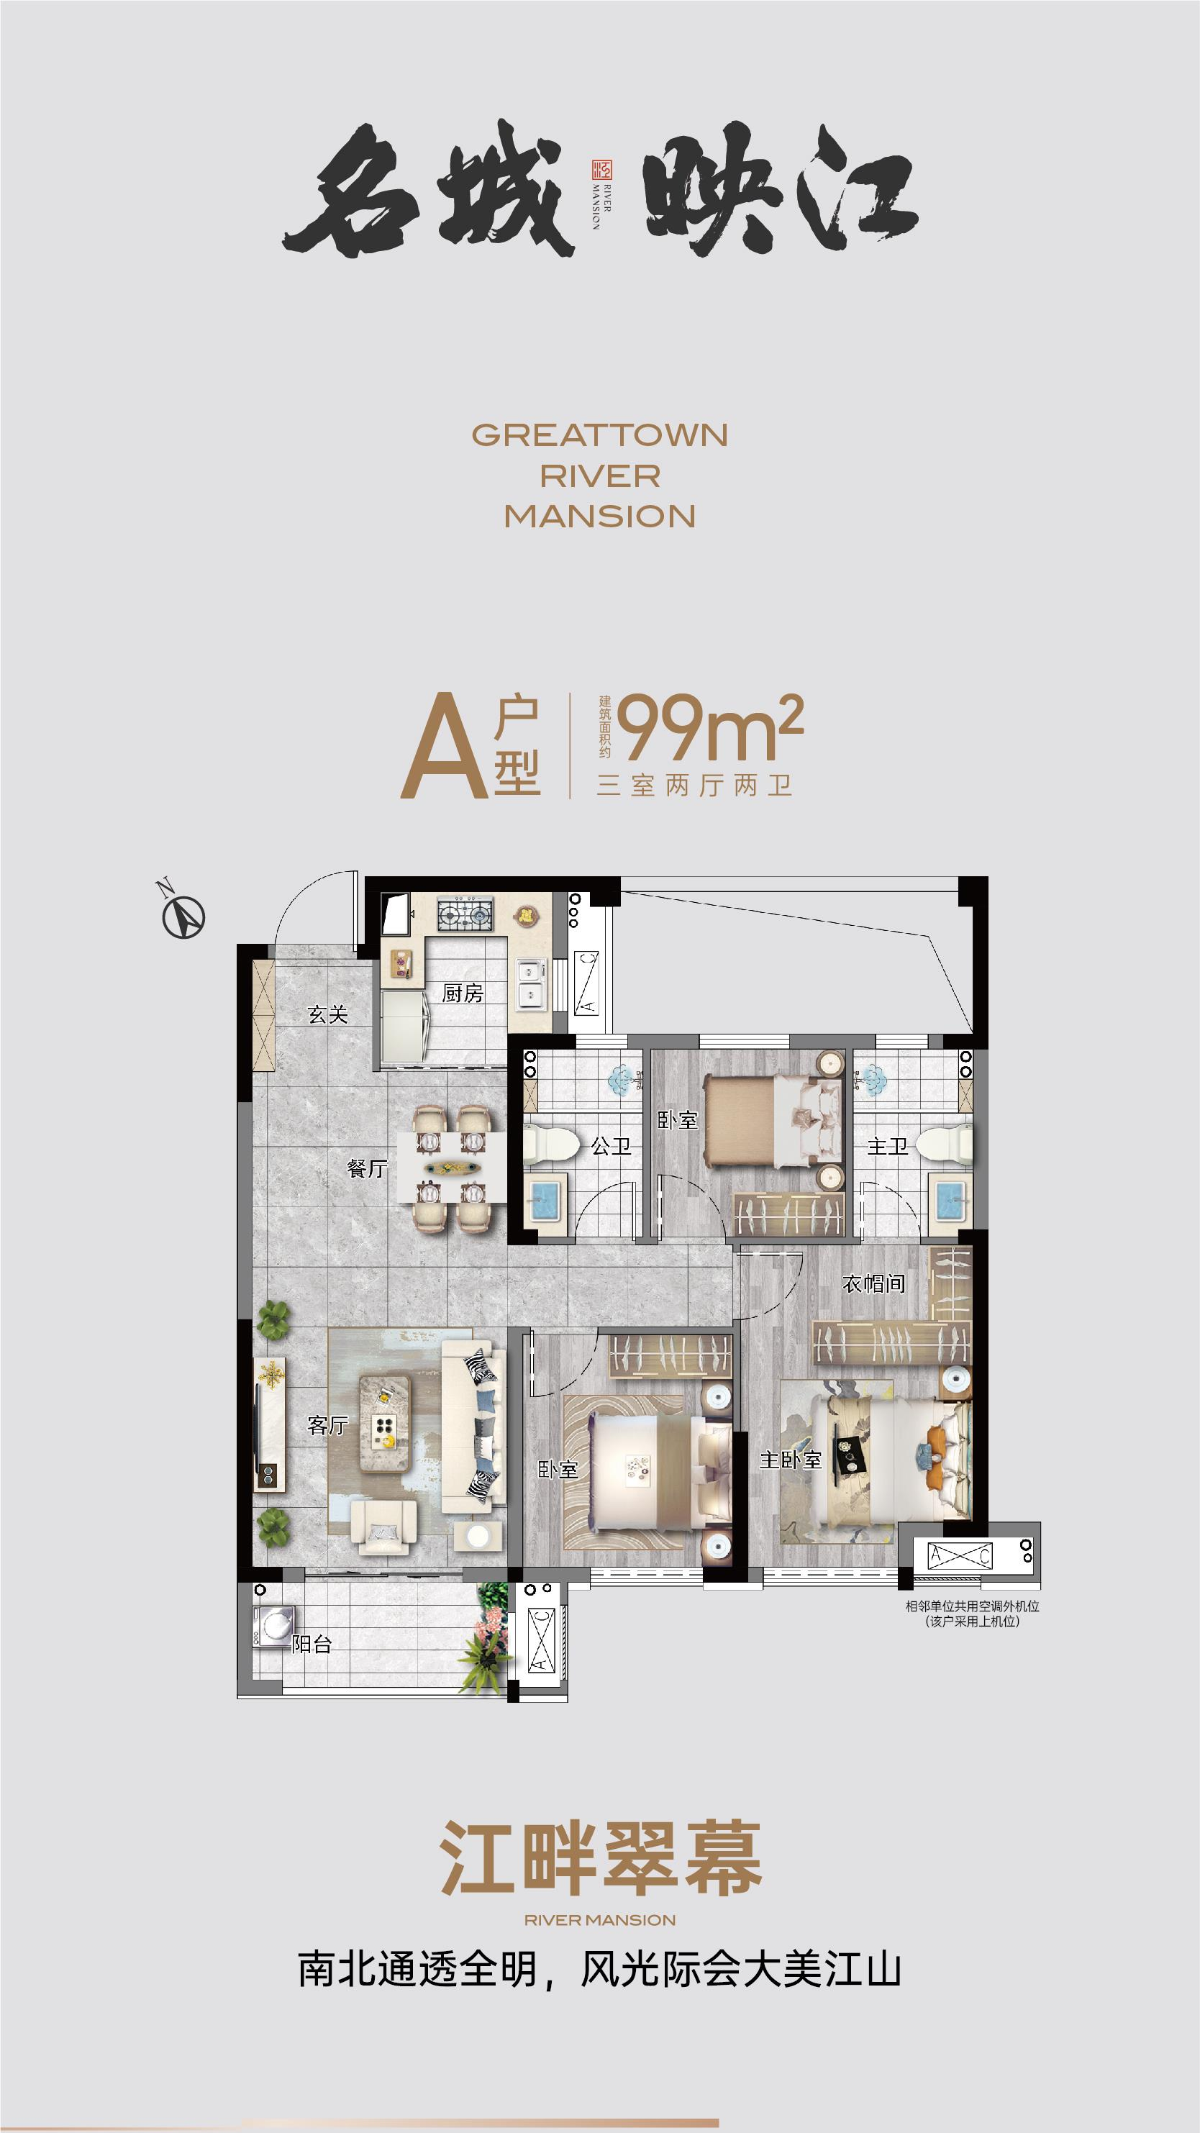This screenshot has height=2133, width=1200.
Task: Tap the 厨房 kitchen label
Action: [x=462, y=993]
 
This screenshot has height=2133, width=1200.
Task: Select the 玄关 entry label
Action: [x=327, y=1014]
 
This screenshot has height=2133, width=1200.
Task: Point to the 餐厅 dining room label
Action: [x=368, y=1168]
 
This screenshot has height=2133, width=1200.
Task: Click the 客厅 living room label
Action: [x=327, y=1425]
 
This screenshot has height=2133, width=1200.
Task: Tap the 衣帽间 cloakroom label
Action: [x=873, y=1284]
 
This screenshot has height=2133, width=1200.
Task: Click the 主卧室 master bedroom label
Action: [x=790, y=1460]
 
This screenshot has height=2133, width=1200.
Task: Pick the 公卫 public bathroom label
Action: [x=610, y=1146]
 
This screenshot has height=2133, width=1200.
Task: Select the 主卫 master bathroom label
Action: [x=887, y=1146]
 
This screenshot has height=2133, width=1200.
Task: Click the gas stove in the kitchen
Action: [x=465, y=914]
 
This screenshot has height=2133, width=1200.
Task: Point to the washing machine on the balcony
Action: [x=273, y=1624]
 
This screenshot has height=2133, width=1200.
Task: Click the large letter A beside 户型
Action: [x=443, y=747]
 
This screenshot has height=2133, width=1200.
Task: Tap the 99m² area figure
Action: [x=710, y=727]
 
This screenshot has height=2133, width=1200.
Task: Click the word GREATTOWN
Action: [x=599, y=435]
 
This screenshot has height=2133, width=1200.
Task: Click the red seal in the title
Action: [x=599, y=170]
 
